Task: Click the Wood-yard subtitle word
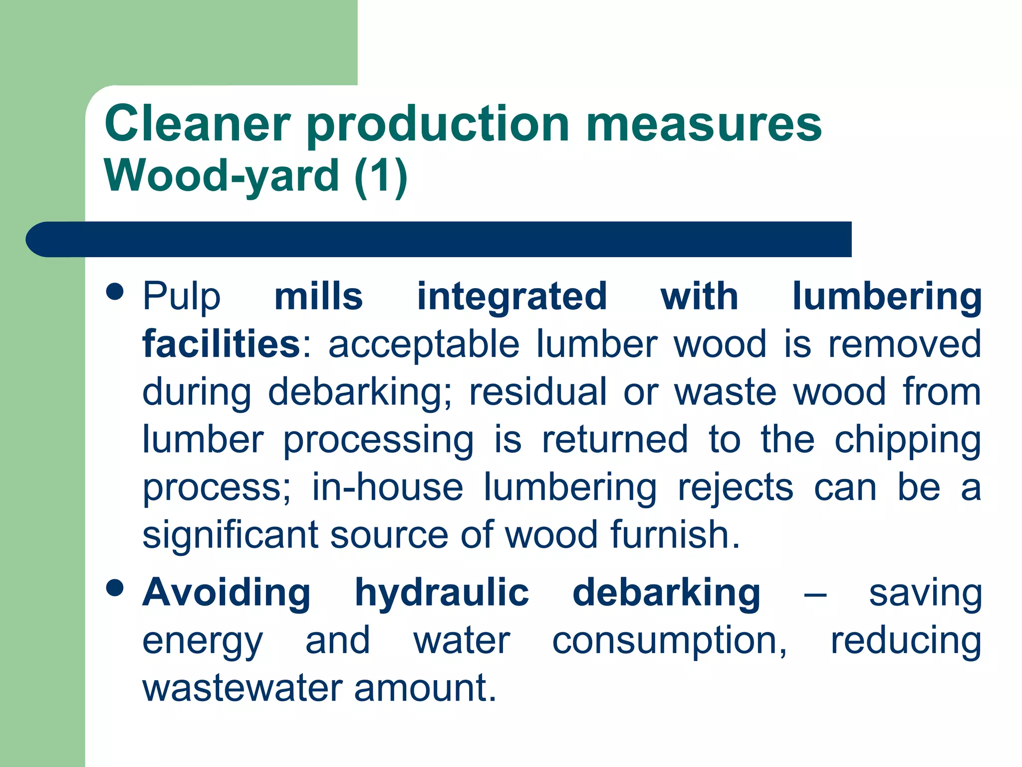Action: [222, 175]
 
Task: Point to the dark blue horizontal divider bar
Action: [439, 239]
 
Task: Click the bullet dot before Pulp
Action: [115, 292]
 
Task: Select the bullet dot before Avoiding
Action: [115, 588]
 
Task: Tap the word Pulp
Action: [181, 297]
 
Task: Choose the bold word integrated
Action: [512, 297]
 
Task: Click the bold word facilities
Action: [221, 344]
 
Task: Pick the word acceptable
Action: [424, 344]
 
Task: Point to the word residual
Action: [538, 391]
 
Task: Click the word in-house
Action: [388, 487]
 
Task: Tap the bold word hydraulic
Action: [442, 593]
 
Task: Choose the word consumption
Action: [669, 641]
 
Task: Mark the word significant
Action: [230, 535]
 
